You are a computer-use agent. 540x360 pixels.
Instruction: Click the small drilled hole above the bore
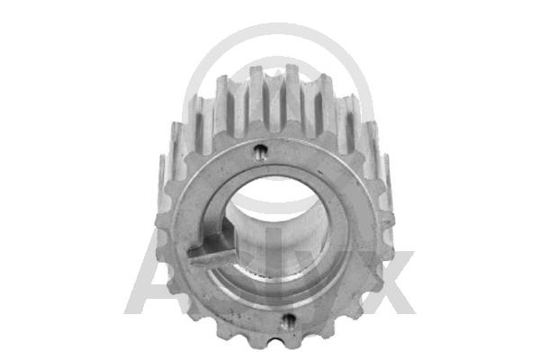pos(260,149)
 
